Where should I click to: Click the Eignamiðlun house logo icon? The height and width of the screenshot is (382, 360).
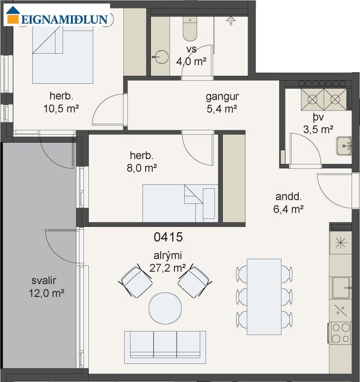(13, 15)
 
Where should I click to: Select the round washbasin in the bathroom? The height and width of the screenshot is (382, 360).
(161, 57)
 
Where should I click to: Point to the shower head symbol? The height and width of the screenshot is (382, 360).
(231, 20)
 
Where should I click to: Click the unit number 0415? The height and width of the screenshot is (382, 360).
(168, 237)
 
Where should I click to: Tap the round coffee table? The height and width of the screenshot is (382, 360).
(165, 308)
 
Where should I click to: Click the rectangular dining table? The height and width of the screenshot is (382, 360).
(264, 297)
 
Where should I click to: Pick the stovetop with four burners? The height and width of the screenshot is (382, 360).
(340, 333)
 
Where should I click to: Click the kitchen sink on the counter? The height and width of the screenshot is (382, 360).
(341, 288)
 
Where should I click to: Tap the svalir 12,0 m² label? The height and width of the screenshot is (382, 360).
(46, 287)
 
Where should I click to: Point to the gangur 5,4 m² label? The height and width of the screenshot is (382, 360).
(222, 103)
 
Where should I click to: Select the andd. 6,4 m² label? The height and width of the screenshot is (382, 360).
(288, 203)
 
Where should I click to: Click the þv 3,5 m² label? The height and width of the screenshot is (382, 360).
(318, 123)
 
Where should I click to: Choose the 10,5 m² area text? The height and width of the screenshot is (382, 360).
(61, 109)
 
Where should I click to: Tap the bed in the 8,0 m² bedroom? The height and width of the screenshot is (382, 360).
(180, 203)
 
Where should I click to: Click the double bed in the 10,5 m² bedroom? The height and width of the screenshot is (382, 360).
(63, 54)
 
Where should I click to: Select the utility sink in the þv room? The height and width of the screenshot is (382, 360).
(344, 146)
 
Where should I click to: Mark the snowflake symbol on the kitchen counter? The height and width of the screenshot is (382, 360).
(341, 243)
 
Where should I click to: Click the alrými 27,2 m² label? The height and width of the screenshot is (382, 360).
(168, 262)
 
